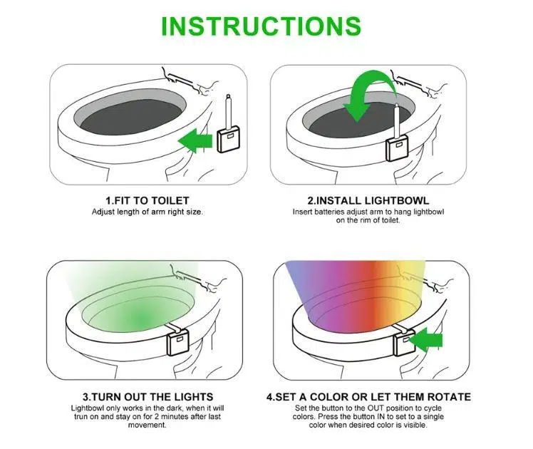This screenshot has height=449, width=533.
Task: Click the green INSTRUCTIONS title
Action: pyautogui.click(x=261, y=26)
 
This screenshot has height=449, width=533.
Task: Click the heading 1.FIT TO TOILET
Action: pyautogui.click(x=148, y=200)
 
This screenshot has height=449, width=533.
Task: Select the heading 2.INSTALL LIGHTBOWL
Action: pyautogui.click(x=368, y=200)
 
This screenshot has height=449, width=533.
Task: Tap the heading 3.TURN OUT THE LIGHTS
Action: pyautogui.click(x=148, y=397)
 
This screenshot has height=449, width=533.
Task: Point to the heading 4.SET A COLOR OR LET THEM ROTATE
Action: pyautogui.click(x=368, y=397)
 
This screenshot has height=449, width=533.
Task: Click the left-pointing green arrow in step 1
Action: pyautogui.click(x=195, y=140)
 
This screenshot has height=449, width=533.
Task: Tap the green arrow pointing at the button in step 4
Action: pyautogui.click(x=425, y=340)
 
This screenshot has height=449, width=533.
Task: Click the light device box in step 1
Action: pyautogui.click(x=229, y=140)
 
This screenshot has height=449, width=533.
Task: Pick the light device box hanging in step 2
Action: pyautogui.click(x=397, y=148)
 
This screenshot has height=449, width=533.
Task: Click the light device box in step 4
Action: pyautogui.click(x=403, y=344)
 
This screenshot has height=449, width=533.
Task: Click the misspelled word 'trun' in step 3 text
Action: pyautogui.click(x=81, y=416)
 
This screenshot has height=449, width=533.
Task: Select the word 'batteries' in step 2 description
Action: pyautogui.click(x=328, y=212)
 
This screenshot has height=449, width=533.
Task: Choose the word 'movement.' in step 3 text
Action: pyautogui.click(x=148, y=425)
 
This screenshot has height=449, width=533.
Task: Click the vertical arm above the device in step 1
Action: pyautogui.click(x=229, y=111)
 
